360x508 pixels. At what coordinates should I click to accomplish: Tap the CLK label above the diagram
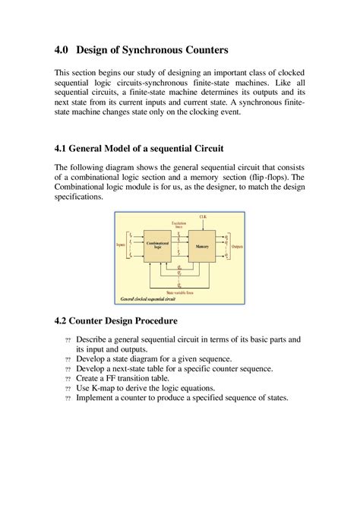[204, 217]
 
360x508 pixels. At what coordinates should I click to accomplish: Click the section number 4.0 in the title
[62, 51]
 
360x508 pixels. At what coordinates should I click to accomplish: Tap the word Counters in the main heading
[202, 51]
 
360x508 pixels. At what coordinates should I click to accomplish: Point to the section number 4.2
[62, 321]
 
